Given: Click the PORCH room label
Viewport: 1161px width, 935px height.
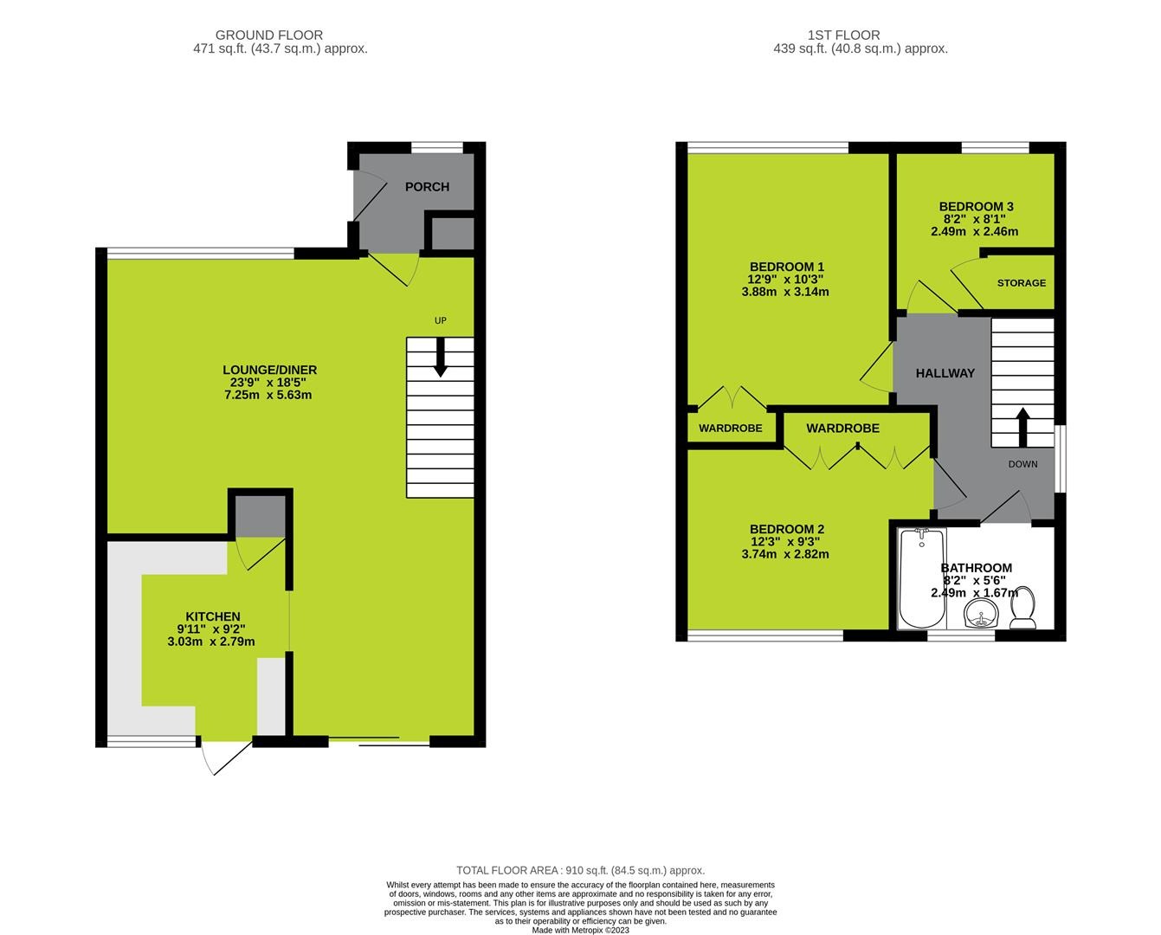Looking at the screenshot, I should (427, 187).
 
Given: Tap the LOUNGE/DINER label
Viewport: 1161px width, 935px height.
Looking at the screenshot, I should (269, 370).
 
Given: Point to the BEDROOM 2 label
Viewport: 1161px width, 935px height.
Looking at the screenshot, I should (786, 529).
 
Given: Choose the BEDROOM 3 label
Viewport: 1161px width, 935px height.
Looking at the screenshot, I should (976, 207).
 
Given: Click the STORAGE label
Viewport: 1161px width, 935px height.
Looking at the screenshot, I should (1021, 283).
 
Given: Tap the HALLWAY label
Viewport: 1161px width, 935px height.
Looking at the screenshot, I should (945, 373).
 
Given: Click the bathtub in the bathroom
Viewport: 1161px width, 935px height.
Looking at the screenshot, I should (920, 578).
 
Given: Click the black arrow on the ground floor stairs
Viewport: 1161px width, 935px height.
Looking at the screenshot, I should (440, 358).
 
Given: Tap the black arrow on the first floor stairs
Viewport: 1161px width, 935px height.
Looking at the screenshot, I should (1022, 426).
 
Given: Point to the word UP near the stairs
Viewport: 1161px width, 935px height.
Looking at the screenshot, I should (440, 321).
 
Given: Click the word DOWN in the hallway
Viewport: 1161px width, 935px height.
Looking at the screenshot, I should (1022, 464).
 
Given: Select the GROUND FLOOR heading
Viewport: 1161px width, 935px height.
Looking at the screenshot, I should (269, 35).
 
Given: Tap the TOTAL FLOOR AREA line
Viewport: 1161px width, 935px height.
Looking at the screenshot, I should (580, 870).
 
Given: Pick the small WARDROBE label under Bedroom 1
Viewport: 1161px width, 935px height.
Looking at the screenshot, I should (731, 429).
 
